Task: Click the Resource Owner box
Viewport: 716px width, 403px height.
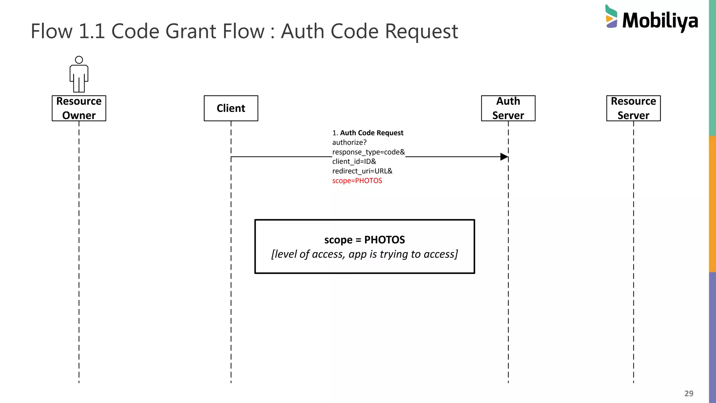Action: tap(79, 108)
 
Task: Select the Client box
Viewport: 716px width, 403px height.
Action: tap(231, 108)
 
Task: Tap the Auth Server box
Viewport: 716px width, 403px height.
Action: tap(508, 108)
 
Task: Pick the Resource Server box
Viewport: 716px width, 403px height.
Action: tap(633, 108)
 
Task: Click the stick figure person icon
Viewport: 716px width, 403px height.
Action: tap(79, 75)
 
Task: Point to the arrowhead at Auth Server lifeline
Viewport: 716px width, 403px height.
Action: tap(504, 157)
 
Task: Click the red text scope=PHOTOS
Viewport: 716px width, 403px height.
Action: tap(357, 181)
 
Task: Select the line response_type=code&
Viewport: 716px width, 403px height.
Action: tap(368, 152)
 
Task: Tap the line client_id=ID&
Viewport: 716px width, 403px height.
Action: tap(354, 162)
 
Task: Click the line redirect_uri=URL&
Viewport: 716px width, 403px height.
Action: tap(362, 171)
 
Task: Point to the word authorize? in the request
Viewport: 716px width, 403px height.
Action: tap(349, 142)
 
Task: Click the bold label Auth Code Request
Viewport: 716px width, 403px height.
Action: tap(372, 133)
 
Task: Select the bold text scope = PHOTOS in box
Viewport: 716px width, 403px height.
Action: tap(364, 240)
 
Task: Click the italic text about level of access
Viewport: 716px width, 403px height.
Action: tap(364, 254)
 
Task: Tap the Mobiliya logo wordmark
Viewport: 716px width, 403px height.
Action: tap(660, 21)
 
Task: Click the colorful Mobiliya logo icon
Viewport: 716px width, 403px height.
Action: tap(611, 16)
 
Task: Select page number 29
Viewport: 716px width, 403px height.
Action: tap(689, 393)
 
